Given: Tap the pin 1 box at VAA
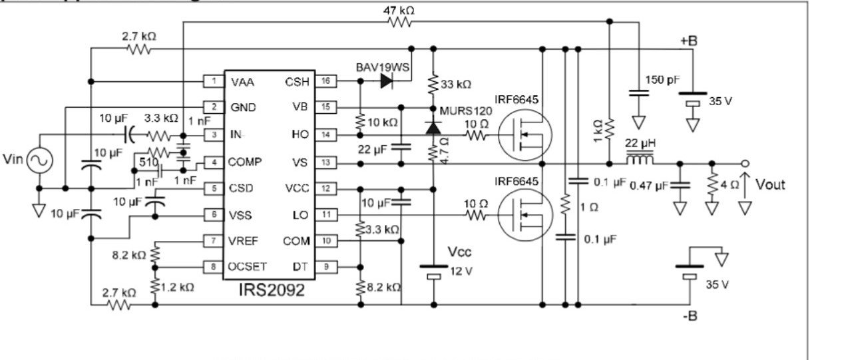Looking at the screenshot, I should pos(213,81).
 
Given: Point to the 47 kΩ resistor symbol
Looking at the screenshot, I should pos(400,22).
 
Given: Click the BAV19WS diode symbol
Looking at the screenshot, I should pos(387,81).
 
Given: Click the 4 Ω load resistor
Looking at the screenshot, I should pos(712,184).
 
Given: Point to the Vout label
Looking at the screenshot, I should pos(770,184).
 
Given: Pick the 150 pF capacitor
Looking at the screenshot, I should pos(638,95).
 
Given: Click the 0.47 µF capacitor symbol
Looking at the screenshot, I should pos(679,184).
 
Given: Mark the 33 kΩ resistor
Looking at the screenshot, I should pos(433,84).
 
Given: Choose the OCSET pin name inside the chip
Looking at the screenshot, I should pos(248,266).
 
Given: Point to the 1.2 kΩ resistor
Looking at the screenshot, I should pos(155,286).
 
